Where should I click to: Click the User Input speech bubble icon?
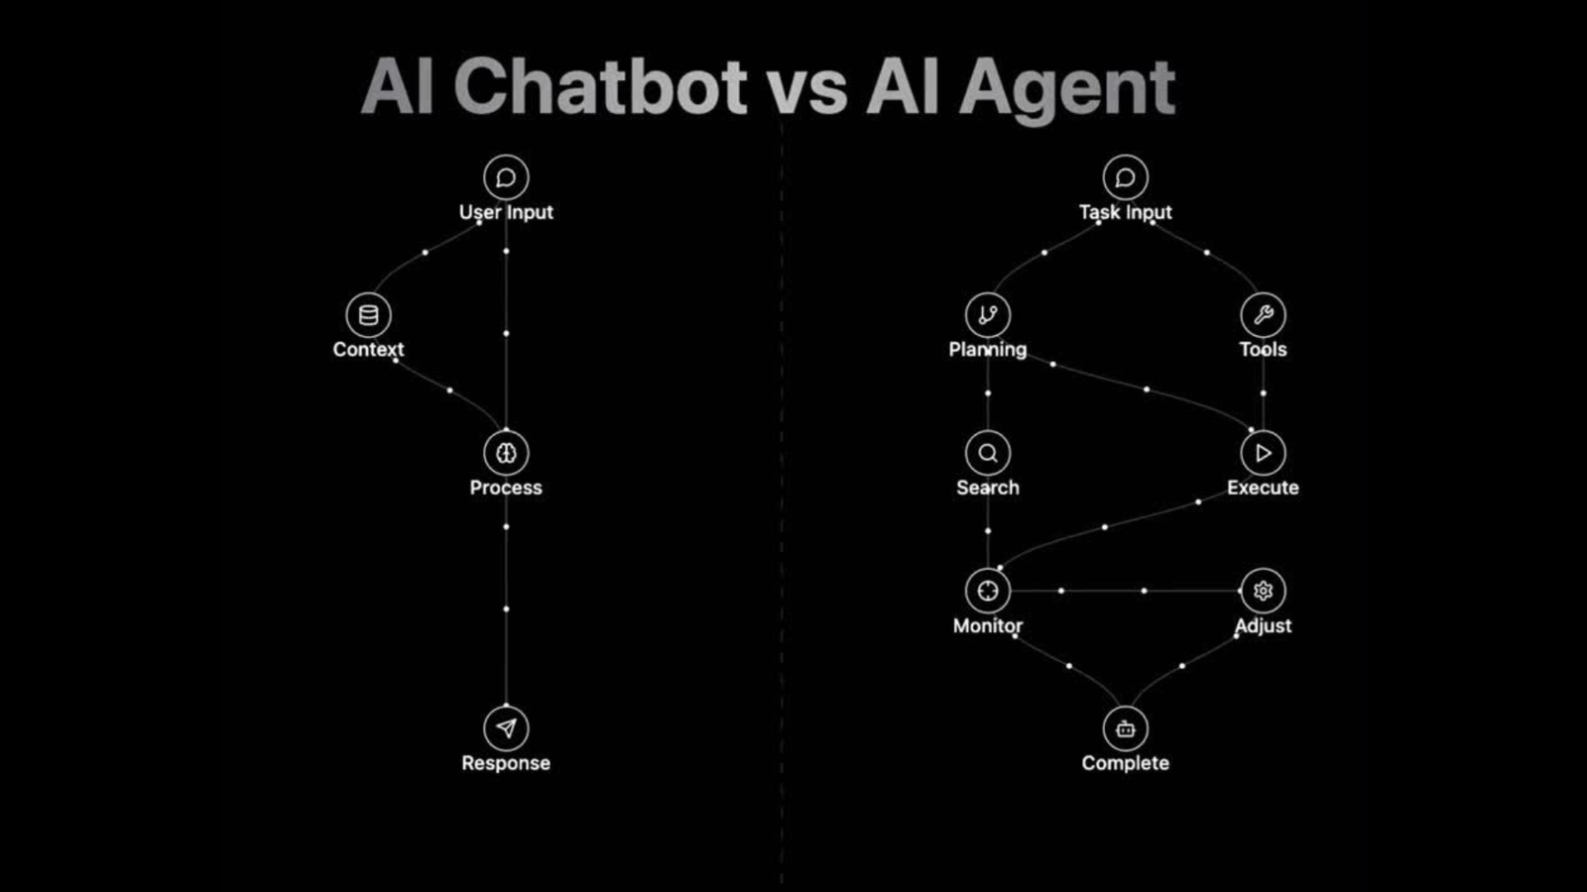tap(506, 177)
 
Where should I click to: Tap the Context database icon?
tap(368, 315)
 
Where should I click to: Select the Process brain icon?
tap(506, 453)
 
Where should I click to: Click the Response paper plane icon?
tap(506, 728)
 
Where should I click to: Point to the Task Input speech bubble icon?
tap(1125, 177)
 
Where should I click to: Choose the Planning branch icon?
tap(988, 315)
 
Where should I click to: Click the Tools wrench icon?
tap(1263, 315)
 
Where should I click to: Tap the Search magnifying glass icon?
tap(988, 453)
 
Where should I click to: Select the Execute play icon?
tap(1263, 453)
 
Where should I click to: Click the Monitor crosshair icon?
tap(988, 591)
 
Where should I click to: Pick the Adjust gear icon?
tap(1263, 591)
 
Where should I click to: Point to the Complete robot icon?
tap(1125, 728)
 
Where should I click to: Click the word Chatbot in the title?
tap(600, 87)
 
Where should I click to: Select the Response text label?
tap(506, 763)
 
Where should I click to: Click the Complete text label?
tap(1125, 763)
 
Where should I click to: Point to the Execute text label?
tap(1263, 488)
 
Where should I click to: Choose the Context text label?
tap(368, 350)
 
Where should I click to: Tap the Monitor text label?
tap(988, 625)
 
